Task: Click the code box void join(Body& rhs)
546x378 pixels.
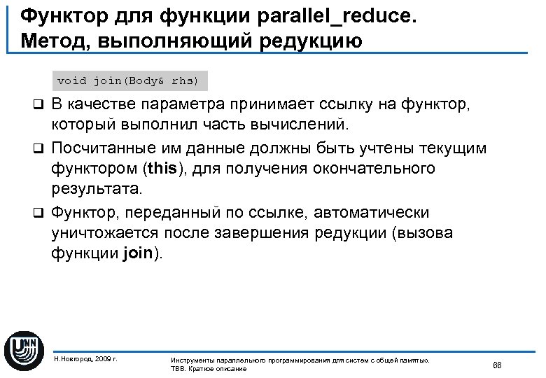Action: point(128,81)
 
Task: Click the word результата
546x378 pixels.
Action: point(96,189)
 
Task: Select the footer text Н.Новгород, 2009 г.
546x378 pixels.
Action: point(85,358)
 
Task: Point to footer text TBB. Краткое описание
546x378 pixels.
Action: point(209,368)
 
